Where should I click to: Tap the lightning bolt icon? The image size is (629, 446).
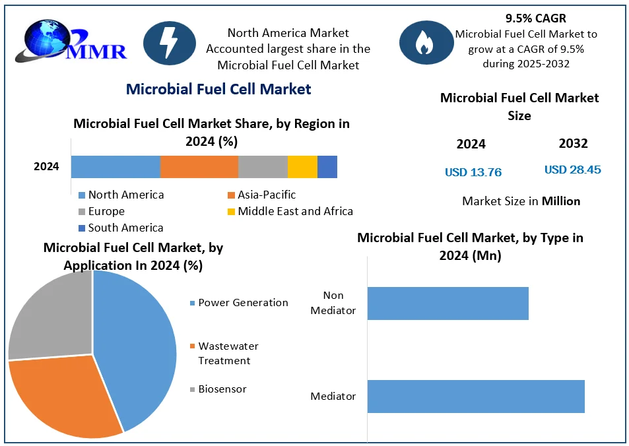click(168, 42)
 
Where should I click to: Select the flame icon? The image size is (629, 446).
click(422, 43)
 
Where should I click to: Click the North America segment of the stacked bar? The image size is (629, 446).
click(116, 167)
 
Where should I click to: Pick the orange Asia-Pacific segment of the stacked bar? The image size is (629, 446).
click(199, 167)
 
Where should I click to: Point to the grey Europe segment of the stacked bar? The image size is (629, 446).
click(263, 167)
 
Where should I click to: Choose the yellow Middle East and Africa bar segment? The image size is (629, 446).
click(302, 167)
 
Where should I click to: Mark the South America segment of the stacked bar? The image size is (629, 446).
click(327, 167)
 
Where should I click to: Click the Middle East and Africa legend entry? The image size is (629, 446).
click(290, 211)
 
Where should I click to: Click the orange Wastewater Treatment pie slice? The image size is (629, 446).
click(63, 396)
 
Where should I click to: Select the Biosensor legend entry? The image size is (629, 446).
click(218, 389)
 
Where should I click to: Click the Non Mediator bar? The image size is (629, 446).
click(447, 303)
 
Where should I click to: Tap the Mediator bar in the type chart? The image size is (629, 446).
click(475, 397)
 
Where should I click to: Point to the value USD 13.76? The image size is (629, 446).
click(473, 172)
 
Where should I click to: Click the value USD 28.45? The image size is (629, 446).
click(572, 170)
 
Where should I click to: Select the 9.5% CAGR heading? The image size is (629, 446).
click(536, 18)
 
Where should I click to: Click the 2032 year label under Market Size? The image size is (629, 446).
click(573, 143)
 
